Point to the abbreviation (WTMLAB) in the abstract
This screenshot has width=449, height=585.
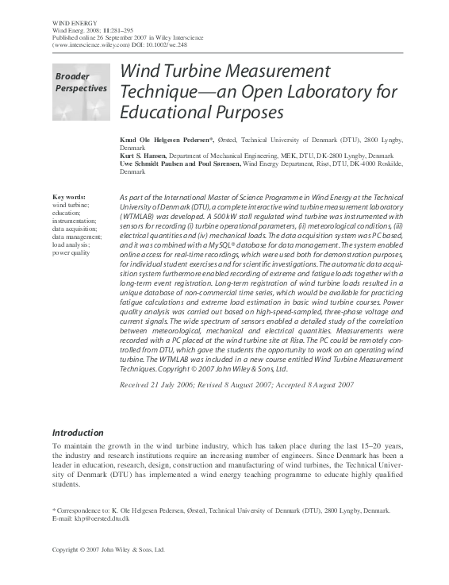click(142, 215)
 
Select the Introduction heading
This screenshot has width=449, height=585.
click(78, 433)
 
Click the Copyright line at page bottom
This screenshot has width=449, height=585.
click(109, 548)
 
